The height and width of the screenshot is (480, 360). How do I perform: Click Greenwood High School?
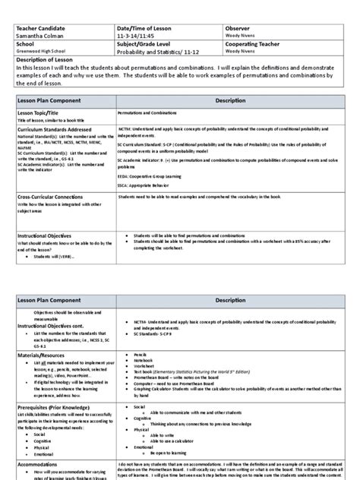point(40,53)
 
